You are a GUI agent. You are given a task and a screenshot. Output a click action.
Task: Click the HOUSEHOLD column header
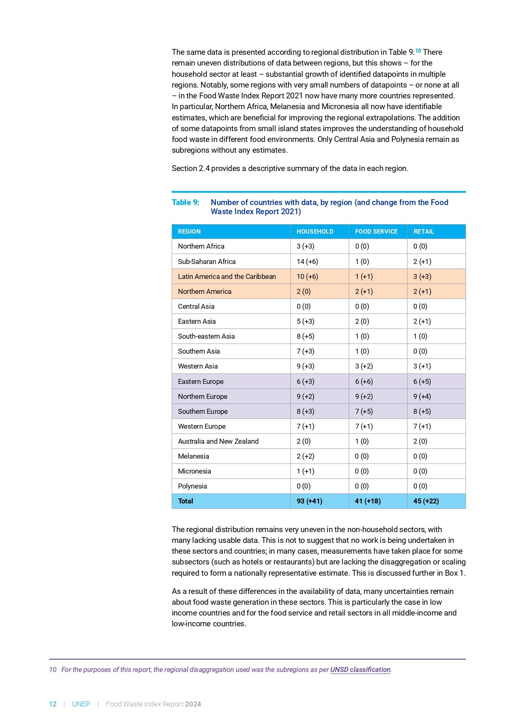[315, 232]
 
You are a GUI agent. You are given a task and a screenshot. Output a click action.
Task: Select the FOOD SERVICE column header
[376, 232]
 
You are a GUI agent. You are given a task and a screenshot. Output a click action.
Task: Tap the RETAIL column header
[423, 232]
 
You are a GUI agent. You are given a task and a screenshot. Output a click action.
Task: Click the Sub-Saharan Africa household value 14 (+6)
[307, 261]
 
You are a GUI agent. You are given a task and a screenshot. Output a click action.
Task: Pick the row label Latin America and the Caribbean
[227, 276]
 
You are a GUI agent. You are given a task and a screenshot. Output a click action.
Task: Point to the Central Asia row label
[196, 306]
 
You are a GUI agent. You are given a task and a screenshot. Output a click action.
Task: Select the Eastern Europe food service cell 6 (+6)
[364, 381]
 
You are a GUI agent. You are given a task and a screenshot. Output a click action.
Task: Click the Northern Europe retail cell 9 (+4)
[422, 396]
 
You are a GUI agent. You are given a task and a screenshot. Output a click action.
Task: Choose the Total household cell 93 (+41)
[309, 501]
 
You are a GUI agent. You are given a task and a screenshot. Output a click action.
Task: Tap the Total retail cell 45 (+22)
[426, 501]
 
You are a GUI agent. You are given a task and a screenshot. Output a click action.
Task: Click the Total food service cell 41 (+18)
[368, 501]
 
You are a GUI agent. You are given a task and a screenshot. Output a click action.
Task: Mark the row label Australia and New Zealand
[218, 441]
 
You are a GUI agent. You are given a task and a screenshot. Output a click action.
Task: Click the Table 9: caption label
[185, 203]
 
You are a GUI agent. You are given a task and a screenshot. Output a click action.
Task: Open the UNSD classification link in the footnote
[360, 669]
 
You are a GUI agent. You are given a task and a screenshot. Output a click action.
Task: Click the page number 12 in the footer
[53, 704]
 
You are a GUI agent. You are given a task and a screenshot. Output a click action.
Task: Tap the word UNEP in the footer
[81, 704]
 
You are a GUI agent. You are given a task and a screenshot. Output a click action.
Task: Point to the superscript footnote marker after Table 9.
[418, 51]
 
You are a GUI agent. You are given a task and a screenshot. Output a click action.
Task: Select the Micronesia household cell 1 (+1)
[305, 471]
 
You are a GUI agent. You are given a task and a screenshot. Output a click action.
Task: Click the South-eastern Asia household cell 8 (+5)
[305, 336]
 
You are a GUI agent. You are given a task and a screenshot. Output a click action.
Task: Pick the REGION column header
[189, 232]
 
